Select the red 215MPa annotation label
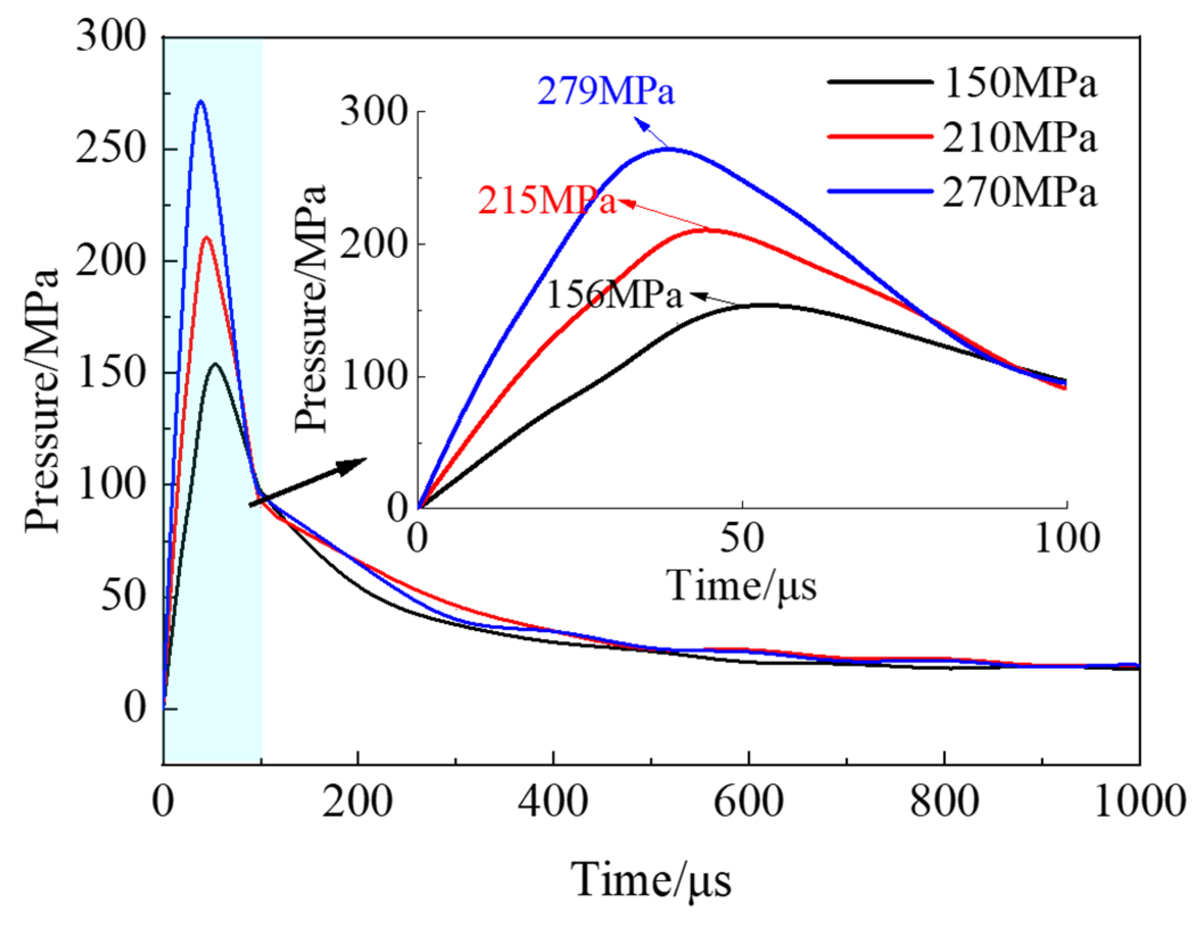click(547, 201)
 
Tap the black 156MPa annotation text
click(614, 296)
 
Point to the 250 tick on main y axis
click(110, 149)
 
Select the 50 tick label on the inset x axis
click(742, 538)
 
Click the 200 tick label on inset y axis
click(374, 245)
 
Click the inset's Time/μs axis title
click(742, 586)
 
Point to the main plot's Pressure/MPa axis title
click(43, 401)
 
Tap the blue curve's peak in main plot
click(200, 102)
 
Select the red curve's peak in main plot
click(207, 237)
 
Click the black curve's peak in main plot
click(215, 363)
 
